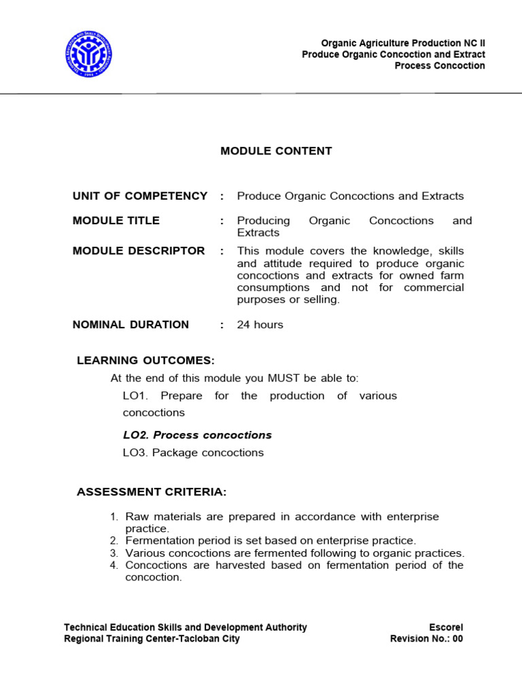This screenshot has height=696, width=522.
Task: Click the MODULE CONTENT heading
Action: click(x=276, y=151)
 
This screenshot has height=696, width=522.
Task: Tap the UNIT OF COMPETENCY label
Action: click(x=140, y=196)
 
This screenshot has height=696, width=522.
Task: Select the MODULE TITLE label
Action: click(x=116, y=220)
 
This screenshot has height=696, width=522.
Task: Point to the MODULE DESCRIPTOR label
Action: click(x=139, y=251)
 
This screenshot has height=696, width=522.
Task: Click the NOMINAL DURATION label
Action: click(x=130, y=324)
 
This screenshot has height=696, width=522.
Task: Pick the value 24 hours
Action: click(x=260, y=324)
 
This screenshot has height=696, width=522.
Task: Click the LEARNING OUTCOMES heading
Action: click(x=145, y=360)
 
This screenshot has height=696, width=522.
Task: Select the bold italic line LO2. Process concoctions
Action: click(x=197, y=435)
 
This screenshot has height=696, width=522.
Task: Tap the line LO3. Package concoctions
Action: click(x=193, y=453)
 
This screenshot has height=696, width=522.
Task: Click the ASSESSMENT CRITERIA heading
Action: click(x=152, y=491)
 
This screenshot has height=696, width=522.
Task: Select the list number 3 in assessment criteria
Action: click(x=114, y=553)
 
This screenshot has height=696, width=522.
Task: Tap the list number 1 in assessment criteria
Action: click(x=114, y=517)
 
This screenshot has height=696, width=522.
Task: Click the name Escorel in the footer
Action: click(x=446, y=627)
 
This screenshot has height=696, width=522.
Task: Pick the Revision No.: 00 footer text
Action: click(x=426, y=639)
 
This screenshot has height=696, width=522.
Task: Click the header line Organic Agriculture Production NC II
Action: click(x=403, y=43)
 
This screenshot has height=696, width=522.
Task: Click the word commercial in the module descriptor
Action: click(x=434, y=288)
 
